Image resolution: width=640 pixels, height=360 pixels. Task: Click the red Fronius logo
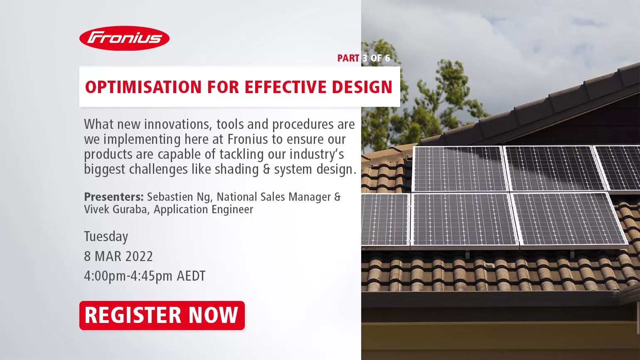click(124, 38)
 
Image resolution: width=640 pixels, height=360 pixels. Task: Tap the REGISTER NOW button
click(162, 316)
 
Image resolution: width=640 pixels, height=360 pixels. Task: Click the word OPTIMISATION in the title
click(144, 87)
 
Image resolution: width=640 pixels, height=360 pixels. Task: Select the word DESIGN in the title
click(362, 87)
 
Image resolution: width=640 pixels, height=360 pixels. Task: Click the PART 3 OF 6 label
click(364, 58)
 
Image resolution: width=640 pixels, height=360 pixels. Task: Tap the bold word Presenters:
click(114, 197)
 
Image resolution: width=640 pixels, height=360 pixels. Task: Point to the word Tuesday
click(106, 237)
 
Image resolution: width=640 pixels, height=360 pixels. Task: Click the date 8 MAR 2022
click(118, 256)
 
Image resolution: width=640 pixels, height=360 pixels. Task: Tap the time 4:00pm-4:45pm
click(128, 276)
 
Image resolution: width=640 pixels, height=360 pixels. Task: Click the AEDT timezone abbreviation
click(191, 276)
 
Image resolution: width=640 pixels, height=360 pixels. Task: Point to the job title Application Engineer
click(204, 210)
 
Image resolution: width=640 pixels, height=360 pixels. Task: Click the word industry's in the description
click(317, 155)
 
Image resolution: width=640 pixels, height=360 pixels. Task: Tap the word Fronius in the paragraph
click(248, 139)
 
